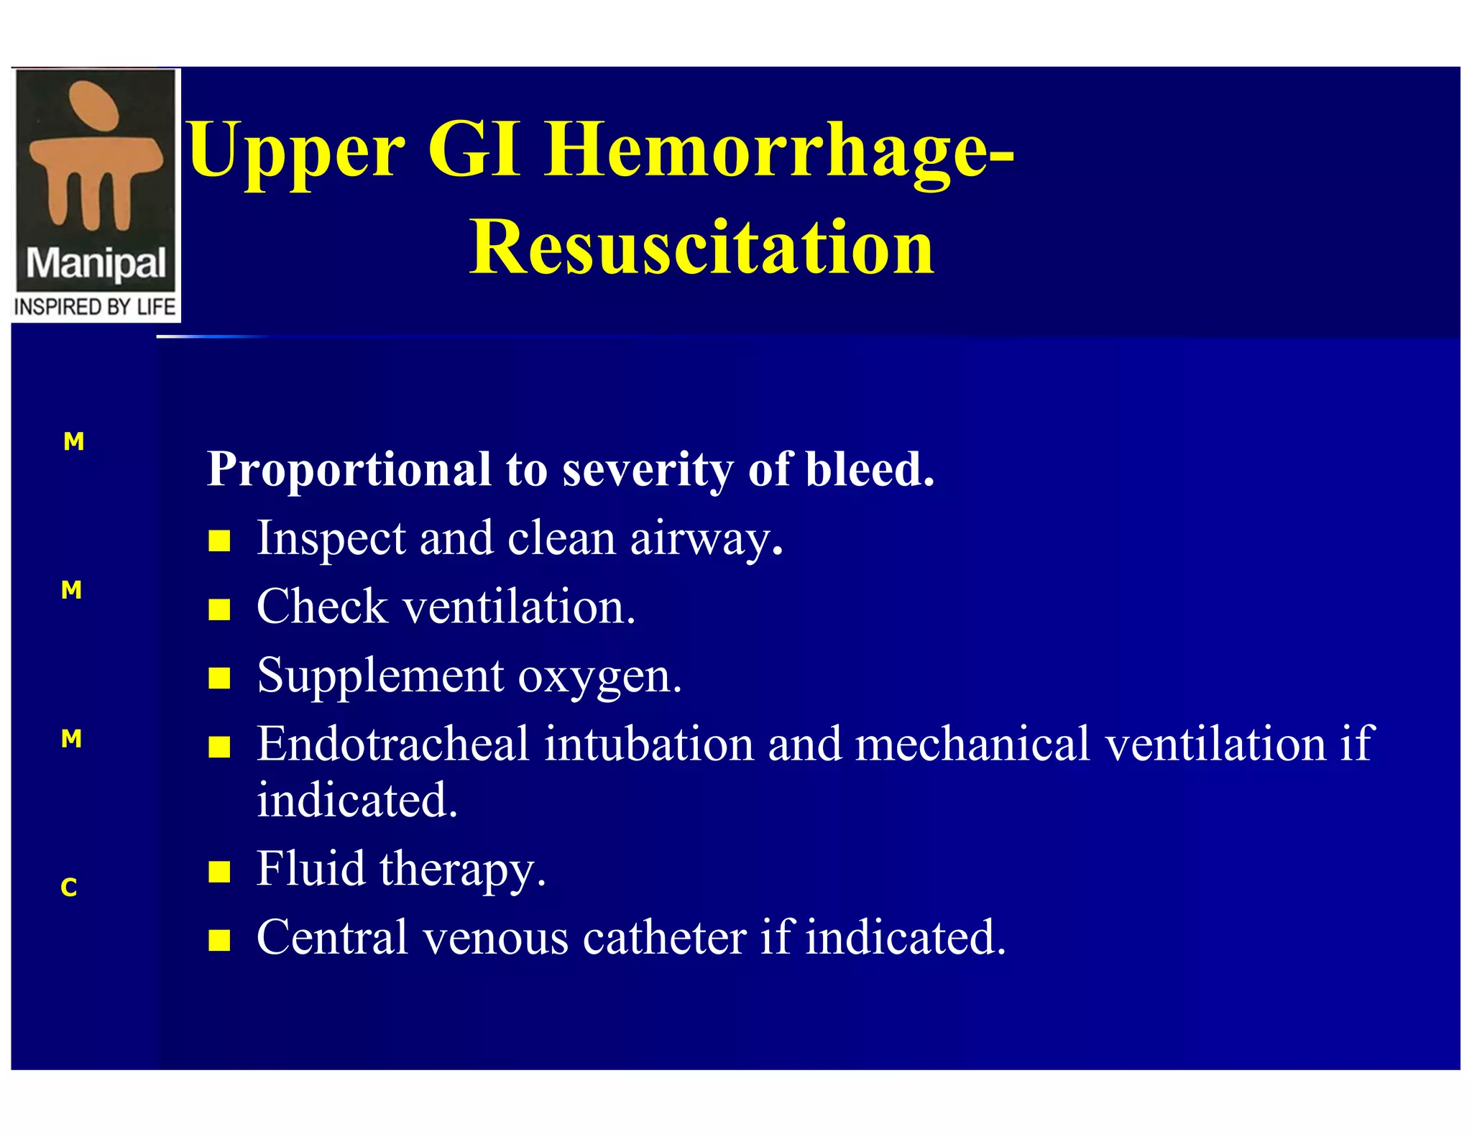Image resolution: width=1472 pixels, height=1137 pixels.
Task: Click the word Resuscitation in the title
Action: (x=701, y=248)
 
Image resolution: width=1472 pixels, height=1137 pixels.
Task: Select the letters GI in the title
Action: (x=473, y=149)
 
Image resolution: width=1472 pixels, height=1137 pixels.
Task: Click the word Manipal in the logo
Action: (x=96, y=264)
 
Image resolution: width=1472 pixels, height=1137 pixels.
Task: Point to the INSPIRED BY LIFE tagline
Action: (x=95, y=308)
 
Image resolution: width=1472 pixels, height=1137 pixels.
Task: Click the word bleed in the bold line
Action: (x=868, y=469)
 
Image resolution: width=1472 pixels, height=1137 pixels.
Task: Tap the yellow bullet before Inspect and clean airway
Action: (x=219, y=540)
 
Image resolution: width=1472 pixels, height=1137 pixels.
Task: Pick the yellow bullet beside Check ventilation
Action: (x=219, y=609)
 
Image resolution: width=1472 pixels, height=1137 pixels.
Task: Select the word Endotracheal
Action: (x=393, y=744)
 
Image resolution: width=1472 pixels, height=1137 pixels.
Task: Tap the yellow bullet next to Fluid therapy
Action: (x=219, y=872)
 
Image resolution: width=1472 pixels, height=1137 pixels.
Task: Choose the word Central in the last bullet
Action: (x=333, y=938)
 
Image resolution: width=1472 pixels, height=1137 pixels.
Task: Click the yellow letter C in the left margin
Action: (x=69, y=888)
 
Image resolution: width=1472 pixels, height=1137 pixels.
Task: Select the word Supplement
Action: (x=381, y=678)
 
